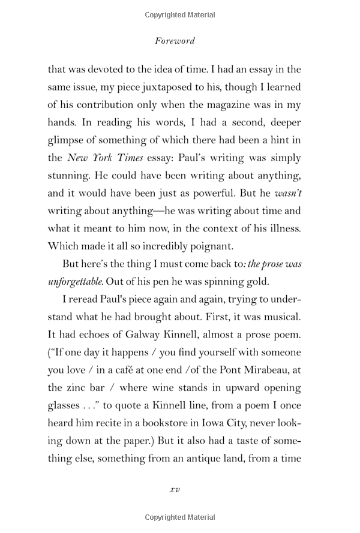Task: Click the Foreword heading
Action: coord(175,41)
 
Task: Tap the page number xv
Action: coord(175,489)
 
